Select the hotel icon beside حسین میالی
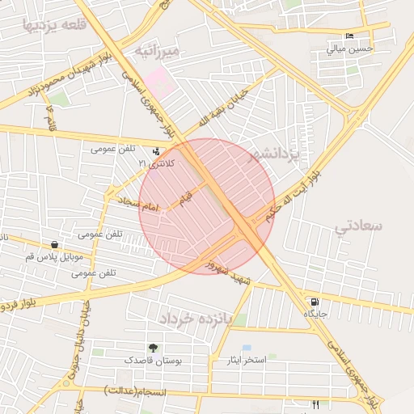point(349,36)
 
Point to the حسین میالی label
point(349,49)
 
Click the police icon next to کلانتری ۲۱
point(157,150)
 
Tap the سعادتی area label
point(357,226)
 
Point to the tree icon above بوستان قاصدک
point(154,348)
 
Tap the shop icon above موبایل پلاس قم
point(54,244)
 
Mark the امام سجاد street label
point(138,203)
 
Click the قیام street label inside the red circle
point(187,196)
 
